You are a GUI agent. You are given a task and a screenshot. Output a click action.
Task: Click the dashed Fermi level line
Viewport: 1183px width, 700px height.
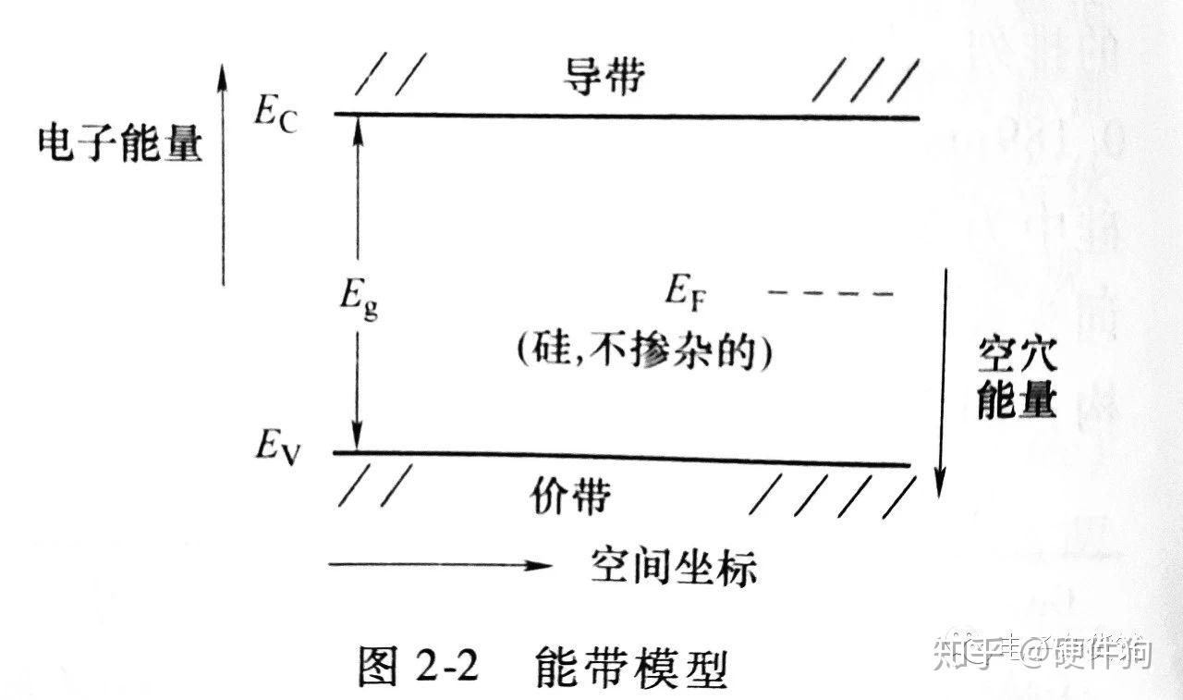point(831,294)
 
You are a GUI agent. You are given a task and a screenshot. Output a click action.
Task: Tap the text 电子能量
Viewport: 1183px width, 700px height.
point(120,145)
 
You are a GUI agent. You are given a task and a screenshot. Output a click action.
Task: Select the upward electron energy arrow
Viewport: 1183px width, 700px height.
point(222,176)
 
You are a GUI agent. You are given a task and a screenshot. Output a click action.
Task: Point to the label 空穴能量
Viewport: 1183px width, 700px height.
point(1016,379)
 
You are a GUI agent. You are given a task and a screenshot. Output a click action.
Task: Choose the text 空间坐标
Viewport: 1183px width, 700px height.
point(674,566)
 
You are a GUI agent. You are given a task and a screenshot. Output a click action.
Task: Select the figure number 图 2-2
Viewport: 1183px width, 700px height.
point(417,668)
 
